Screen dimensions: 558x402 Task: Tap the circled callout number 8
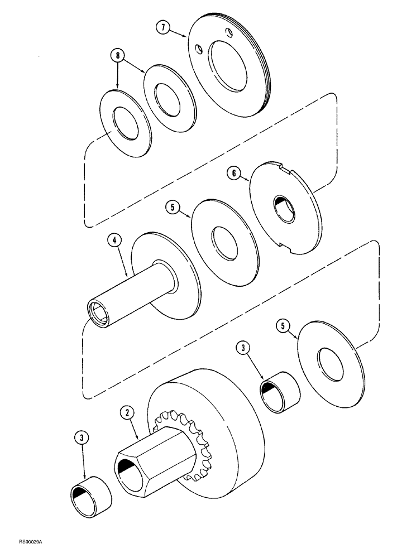coord(117,55)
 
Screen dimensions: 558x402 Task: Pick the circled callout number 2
coord(128,413)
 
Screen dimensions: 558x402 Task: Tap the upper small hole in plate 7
coord(228,31)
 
